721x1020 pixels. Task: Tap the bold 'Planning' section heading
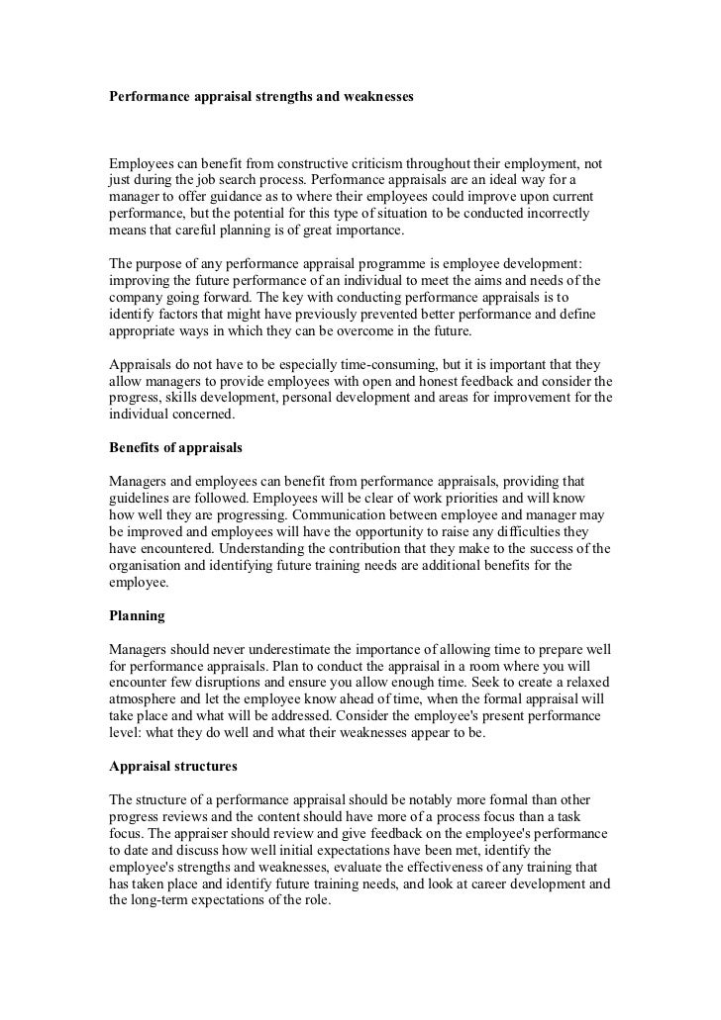coord(137,614)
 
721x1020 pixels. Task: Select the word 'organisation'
coord(149,567)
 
